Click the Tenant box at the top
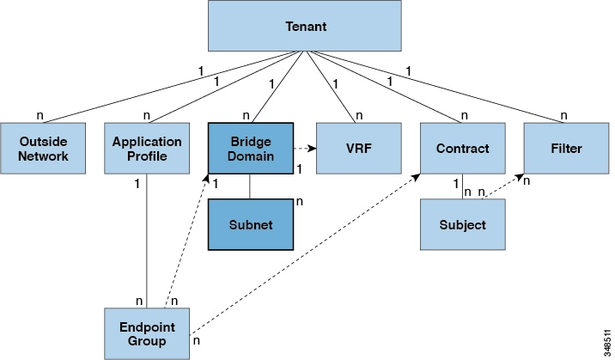pos(305,25)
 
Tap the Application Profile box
pos(147,149)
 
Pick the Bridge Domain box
pos(250,149)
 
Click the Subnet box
pos(250,225)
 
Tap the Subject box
pos(462,225)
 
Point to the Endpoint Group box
pos(147,333)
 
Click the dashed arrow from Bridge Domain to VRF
pos(305,149)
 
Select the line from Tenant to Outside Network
pos(155,86)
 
